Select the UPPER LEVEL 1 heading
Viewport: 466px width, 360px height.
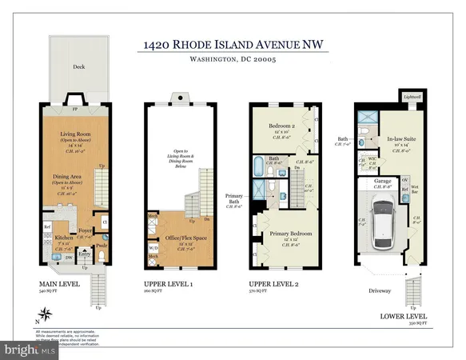point(166,284)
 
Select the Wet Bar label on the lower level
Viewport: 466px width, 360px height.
point(414,190)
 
